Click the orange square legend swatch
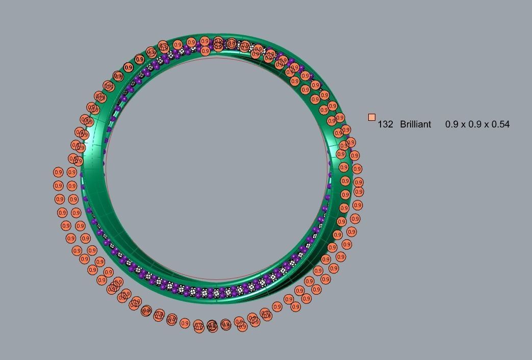click(371, 117)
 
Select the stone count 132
click(385, 124)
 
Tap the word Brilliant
click(415, 124)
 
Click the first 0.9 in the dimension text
click(451, 124)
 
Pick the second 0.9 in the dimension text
click(475, 124)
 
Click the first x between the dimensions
click(463, 124)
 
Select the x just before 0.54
click(487, 124)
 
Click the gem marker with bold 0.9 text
click(128, 67)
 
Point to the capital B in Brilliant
click(403, 124)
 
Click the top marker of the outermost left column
click(58, 173)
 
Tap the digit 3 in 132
click(385, 124)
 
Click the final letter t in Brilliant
click(429, 124)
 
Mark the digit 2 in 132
click(390, 124)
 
